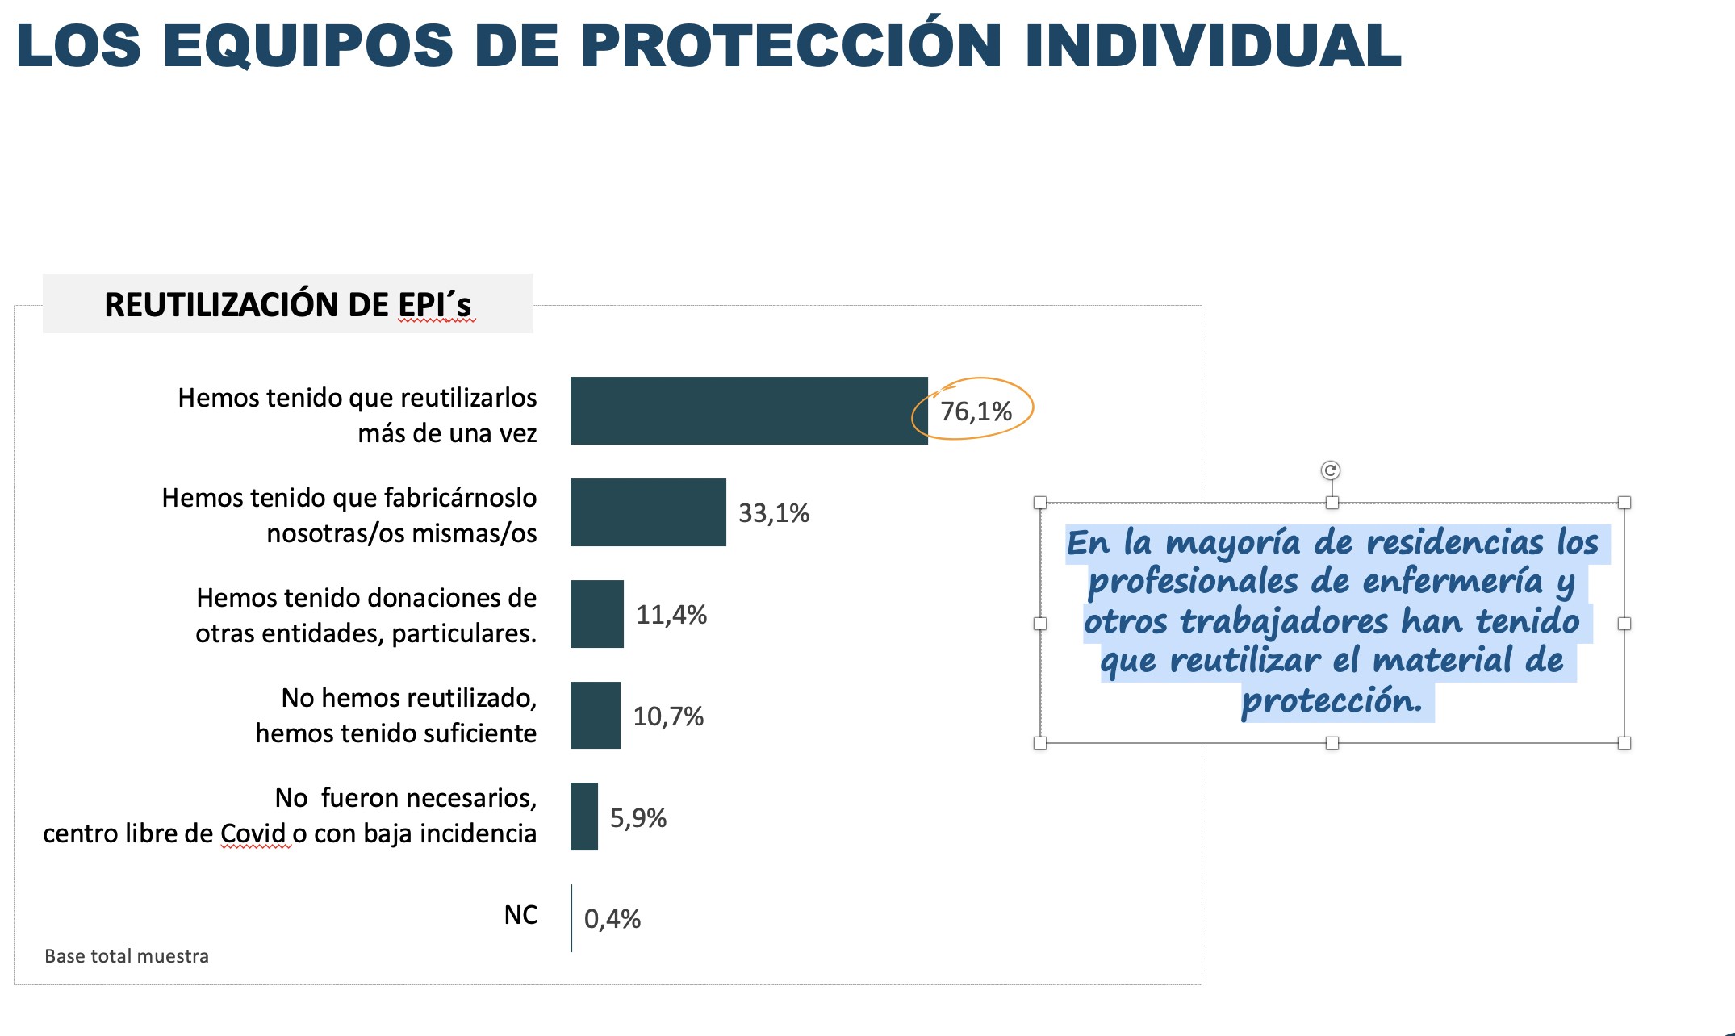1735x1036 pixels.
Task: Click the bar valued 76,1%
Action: [x=749, y=411]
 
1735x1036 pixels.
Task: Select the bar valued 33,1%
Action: [x=648, y=512]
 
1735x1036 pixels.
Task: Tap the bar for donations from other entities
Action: [x=597, y=614]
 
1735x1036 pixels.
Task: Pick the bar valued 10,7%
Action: [x=596, y=716]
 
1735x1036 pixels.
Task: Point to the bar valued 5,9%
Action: [x=584, y=817]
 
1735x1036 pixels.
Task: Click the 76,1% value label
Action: [x=976, y=411]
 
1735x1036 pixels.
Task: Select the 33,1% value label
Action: [x=774, y=513]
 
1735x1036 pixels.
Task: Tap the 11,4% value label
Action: [x=671, y=615]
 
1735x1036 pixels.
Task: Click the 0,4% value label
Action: [x=612, y=919]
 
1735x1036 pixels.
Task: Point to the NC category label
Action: [x=520, y=915]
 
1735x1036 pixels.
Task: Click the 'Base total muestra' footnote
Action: [x=127, y=956]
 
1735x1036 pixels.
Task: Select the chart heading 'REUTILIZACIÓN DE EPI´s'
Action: [x=287, y=305]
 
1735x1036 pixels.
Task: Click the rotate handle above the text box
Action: [x=1331, y=470]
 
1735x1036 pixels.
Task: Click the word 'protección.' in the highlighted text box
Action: [x=1332, y=700]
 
